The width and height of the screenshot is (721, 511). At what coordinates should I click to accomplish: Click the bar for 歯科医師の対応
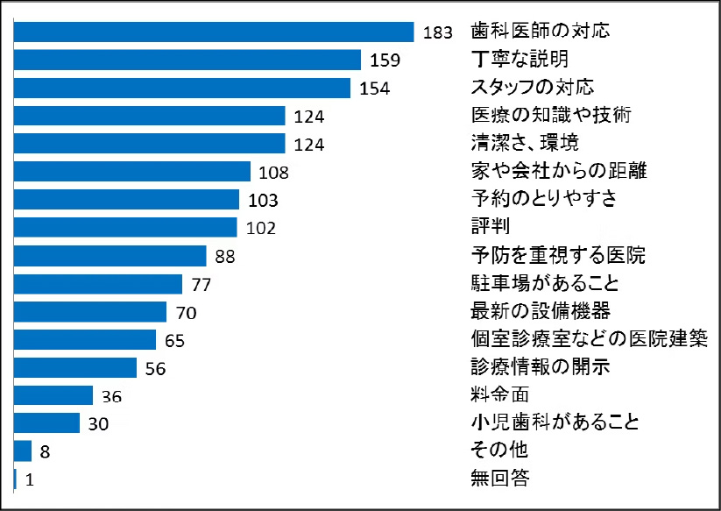pyautogui.click(x=215, y=32)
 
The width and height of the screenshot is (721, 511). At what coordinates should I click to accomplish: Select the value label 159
pyautogui.click(x=385, y=60)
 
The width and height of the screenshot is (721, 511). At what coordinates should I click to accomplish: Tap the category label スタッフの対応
pyautogui.click(x=533, y=88)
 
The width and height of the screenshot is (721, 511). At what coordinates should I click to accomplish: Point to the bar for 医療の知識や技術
pyautogui.click(x=151, y=116)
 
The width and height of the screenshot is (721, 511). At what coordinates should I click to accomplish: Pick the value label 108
pyautogui.click(x=272, y=172)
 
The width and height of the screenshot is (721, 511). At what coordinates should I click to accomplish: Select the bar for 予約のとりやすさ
pyautogui.click(x=127, y=199)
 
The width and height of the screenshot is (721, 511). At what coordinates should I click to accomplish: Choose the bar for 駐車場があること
pyautogui.click(x=98, y=283)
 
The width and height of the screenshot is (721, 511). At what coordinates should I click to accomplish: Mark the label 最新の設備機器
pyautogui.click(x=541, y=311)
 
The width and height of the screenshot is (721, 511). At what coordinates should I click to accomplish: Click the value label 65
pyautogui.click(x=174, y=340)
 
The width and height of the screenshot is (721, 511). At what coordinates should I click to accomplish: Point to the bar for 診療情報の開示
pyautogui.click(x=76, y=367)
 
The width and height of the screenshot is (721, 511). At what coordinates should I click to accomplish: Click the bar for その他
pyautogui.click(x=24, y=451)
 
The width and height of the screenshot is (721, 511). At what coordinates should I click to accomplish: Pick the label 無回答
pyautogui.click(x=500, y=479)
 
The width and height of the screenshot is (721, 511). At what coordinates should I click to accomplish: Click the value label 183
pyautogui.click(x=437, y=32)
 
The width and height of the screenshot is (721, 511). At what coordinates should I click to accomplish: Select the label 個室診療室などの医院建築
pyautogui.click(x=589, y=339)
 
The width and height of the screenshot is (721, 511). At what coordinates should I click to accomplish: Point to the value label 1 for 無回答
pyautogui.click(x=29, y=479)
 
